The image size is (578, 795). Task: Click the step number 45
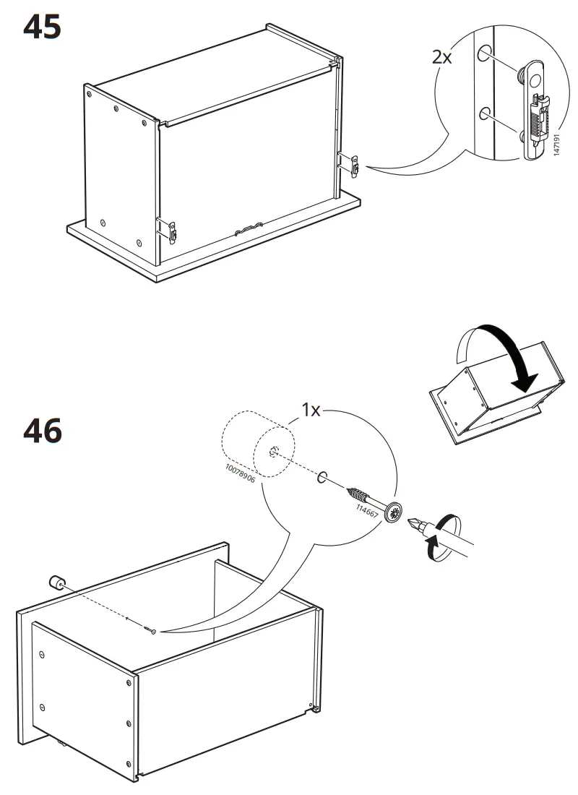42,27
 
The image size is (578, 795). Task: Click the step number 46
43,431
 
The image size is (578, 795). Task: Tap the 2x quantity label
441,57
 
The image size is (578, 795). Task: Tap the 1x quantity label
311,409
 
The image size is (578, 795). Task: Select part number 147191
556,145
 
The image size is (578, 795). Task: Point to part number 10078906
241,473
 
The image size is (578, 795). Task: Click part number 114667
367,511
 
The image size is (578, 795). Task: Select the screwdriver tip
415,523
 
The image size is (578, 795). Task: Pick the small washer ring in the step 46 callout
322,477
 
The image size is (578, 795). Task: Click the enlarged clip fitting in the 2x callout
534,110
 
